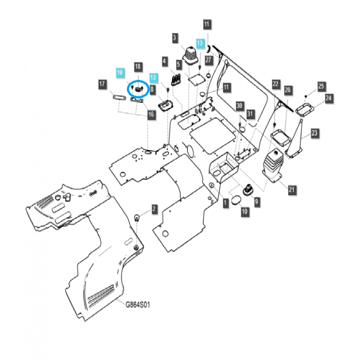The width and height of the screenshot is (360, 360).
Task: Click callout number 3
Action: click(175, 39)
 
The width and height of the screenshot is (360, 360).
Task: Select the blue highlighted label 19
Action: click(120, 72)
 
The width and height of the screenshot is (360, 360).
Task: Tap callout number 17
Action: click(103, 84)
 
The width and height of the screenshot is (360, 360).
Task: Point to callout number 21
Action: click(292, 190)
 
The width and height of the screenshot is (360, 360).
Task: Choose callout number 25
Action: click(321, 86)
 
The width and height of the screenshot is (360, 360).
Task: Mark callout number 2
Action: click(154, 209)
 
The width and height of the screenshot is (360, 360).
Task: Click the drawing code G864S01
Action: click(138, 305)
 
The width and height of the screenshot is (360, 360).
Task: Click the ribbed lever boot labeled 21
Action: click(273, 166)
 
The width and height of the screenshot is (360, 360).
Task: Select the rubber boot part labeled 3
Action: click(189, 58)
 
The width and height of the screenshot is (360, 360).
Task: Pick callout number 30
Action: click(239, 106)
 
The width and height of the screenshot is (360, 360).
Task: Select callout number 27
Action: click(209, 59)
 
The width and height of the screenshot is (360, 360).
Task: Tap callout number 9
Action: click(256, 202)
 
